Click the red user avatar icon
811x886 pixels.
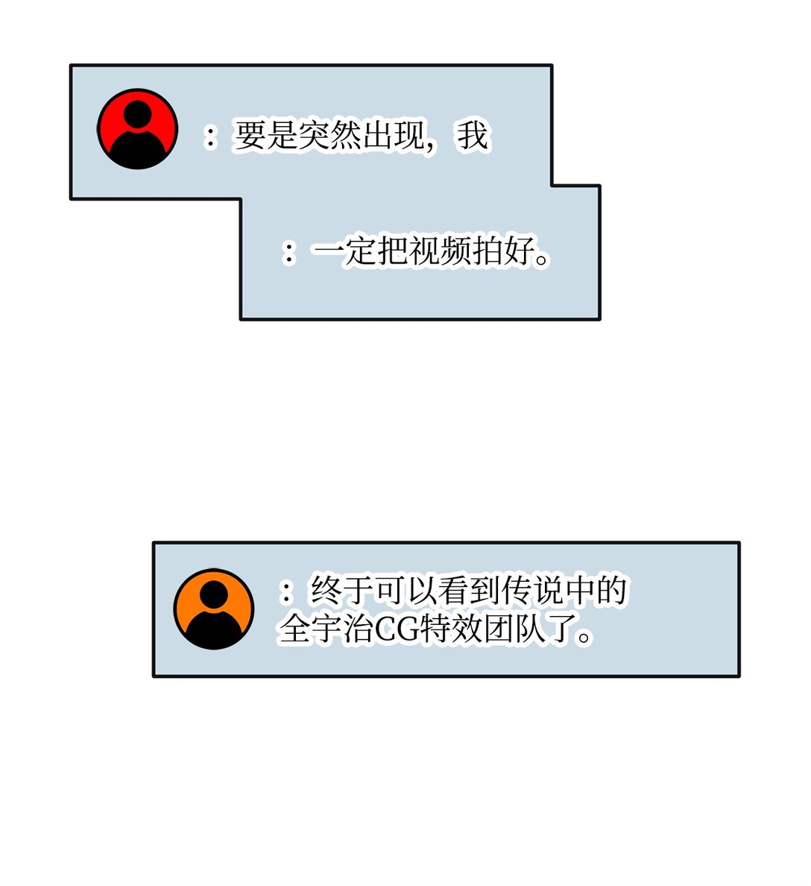[138, 129]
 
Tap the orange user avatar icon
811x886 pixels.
[214, 609]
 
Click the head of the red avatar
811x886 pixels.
[138, 114]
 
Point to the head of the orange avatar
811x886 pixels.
[214, 594]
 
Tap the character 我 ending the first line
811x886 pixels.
[473, 136]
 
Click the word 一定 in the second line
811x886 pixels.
[344, 252]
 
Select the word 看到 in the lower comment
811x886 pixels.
[454, 591]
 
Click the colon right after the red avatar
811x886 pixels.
[212, 136]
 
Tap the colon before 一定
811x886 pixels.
[289, 252]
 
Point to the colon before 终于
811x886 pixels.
[287, 591]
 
